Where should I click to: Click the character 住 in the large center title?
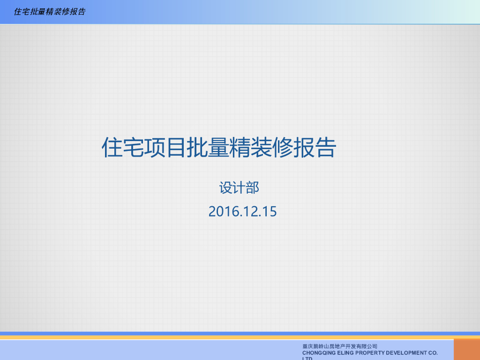point(112,148)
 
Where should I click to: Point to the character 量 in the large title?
point(218,148)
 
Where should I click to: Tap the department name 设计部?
point(239,188)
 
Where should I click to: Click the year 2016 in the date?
point(225,211)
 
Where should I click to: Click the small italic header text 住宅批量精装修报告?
point(50,12)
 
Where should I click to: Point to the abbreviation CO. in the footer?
point(432,352)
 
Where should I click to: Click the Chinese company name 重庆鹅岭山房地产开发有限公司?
point(340,346)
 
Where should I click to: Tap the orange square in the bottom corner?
point(466,349)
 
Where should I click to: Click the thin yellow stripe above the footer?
point(234,337)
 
